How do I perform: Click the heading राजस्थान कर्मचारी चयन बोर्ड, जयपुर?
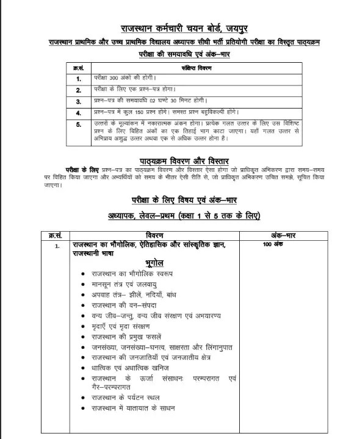[x=180, y=28]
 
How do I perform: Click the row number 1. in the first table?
[x=78, y=79]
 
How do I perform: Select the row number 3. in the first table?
[x=78, y=101]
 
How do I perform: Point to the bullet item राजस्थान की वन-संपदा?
[x=121, y=304]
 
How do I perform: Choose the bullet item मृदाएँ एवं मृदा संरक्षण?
[x=121, y=326]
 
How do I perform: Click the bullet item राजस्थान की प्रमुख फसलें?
[x=126, y=337]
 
